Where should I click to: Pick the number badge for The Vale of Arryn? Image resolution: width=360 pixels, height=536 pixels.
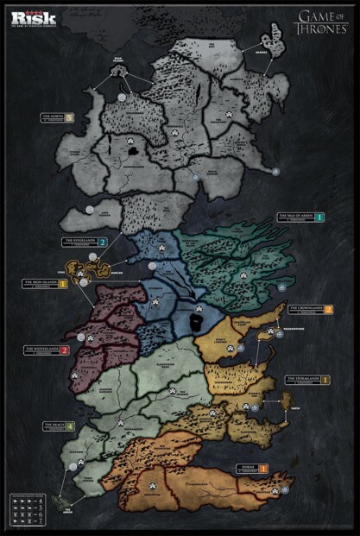[319, 218]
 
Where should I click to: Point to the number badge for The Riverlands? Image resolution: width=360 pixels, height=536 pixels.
[103, 243]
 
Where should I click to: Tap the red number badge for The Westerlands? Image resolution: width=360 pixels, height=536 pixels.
[64, 350]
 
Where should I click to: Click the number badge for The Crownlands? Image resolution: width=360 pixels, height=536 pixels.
[328, 310]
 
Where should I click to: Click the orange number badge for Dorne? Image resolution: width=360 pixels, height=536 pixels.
[262, 469]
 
